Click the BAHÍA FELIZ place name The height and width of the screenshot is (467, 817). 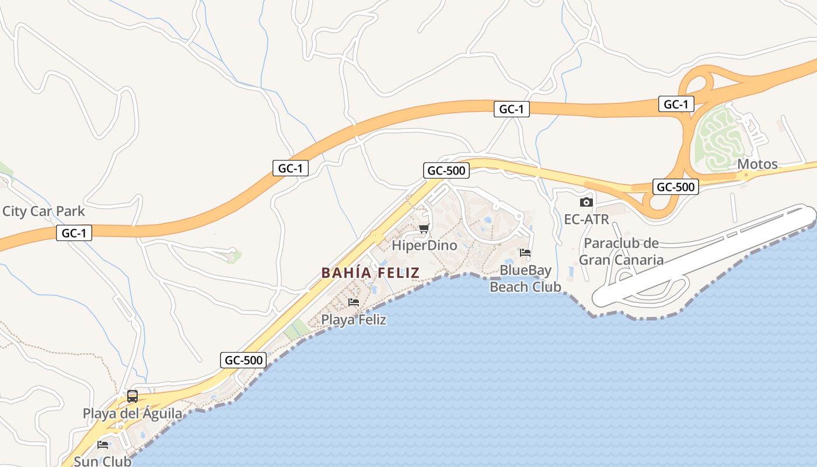[370, 273]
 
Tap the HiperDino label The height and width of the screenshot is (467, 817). [424, 245]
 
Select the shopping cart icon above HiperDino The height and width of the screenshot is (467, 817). [424, 228]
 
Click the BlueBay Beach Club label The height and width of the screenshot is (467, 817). [525, 278]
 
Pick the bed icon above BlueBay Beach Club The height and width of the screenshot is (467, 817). [525, 253]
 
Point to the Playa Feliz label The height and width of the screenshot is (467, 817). [354, 320]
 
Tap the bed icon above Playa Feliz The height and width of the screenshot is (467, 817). [353, 302]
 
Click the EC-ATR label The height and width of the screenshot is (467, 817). [586, 219]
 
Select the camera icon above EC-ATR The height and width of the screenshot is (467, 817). [586, 203]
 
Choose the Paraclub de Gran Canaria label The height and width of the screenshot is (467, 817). [622, 252]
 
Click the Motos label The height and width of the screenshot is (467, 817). [757, 164]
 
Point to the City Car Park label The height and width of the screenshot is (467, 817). [44, 211]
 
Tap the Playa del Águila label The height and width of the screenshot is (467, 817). [132, 414]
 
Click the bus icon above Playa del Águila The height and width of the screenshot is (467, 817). [132, 396]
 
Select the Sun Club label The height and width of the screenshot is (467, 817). [103, 461]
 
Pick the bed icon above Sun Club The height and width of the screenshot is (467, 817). [103, 444]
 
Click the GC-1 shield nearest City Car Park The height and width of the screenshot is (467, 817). [75, 233]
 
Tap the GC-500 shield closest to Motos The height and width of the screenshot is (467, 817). [675, 187]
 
